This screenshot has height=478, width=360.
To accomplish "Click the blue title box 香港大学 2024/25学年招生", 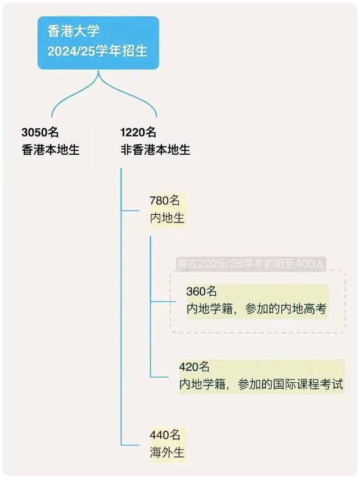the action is coord(98,43).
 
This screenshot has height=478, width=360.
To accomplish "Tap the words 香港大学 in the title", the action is coord(73,31).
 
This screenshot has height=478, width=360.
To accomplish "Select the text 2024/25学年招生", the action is coord(97,51).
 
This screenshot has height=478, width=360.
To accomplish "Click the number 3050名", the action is coord(40,132).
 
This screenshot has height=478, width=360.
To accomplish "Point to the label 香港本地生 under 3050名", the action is coord(51,150).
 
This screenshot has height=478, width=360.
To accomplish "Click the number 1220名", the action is coord(138,132).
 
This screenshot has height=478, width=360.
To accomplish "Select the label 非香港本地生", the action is coord(155,150).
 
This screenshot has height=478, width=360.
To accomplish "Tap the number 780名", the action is coord(165,200).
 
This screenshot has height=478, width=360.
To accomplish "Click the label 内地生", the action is coord(167,218).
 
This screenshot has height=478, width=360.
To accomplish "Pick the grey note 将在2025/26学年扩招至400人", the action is coord(251,264).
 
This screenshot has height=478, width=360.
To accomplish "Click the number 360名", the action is coord(201,291).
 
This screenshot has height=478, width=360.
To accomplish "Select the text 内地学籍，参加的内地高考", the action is coord(257,309).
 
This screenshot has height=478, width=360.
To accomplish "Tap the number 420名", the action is coord(194,367).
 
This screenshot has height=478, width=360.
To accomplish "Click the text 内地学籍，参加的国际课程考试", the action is coord(261,384).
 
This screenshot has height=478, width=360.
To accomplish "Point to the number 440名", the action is coord(165,434).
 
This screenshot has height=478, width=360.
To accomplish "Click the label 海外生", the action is coord(167,452).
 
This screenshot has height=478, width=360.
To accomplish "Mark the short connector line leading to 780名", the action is coord(130,210).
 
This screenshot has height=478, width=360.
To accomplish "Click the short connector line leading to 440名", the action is coord(130,445).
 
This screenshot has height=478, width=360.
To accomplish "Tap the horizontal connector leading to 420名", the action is coord(160,377).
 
